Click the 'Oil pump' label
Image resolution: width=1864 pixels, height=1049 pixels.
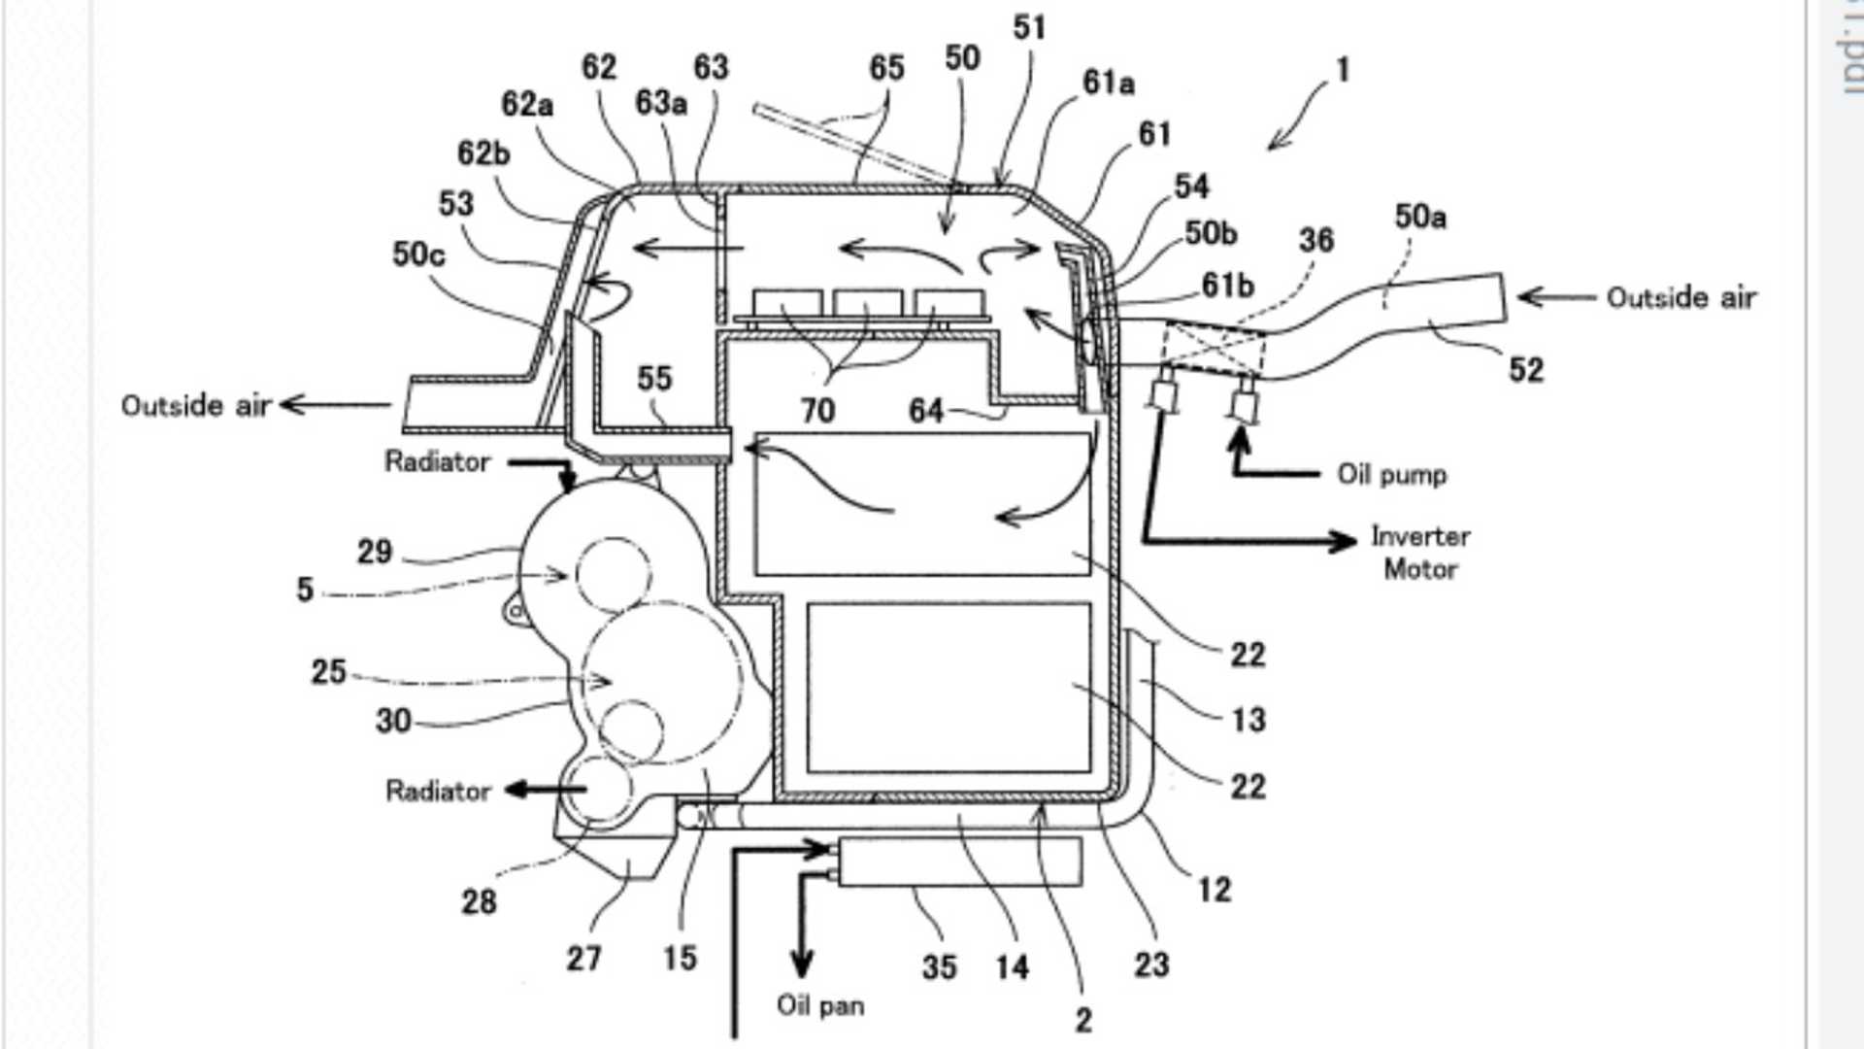pos(1391,475)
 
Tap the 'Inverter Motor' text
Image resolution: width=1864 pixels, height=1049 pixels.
pos(1419,552)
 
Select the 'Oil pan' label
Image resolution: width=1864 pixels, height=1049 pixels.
pos(820,1005)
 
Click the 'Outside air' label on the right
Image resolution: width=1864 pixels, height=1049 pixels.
pos(1681,297)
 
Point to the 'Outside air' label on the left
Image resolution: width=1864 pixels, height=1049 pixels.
pos(196,405)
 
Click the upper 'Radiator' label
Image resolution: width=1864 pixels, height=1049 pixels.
pos(437,461)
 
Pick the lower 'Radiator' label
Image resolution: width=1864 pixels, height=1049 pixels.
pos(438,791)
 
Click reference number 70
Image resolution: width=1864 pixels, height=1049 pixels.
pos(817,411)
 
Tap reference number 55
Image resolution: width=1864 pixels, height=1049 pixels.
pos(654,378)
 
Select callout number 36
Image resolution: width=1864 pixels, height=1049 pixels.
pos(1315,240)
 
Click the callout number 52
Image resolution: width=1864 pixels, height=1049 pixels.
pos(1525,369)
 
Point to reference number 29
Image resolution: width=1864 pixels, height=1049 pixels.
pos(375,552)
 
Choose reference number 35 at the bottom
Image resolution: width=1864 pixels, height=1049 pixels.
pos(939,966)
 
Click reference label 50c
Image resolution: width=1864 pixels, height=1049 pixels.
pos(418,254)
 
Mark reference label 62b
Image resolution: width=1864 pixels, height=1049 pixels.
pos(483,153)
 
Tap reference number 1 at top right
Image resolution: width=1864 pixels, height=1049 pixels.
pos(1343,70)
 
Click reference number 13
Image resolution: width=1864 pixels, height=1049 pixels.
pos(1248,720)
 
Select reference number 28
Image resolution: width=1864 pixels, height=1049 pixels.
pos(479,901)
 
